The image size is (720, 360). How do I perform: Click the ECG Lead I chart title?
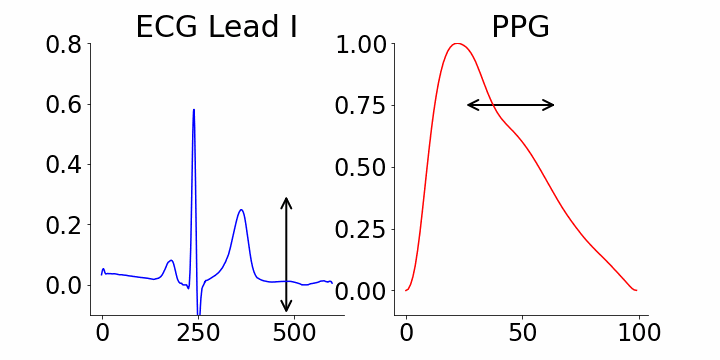pos(216,27)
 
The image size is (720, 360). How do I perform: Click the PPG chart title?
pos(520,27)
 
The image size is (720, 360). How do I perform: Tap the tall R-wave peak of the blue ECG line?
pos(193,110)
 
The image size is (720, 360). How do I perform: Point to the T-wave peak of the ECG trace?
pos(241,210)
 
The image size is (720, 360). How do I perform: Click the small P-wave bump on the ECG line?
pos(171,261)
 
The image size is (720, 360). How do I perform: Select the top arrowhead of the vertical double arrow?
pos(286,199)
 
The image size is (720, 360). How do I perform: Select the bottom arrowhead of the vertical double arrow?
pos(286,310)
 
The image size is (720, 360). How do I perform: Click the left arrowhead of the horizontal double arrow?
pos(470,105)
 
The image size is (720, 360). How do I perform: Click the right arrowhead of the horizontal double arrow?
pos(552,105)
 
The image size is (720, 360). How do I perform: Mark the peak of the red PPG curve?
pos(457,44)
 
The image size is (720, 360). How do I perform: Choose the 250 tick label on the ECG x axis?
pos(198,333)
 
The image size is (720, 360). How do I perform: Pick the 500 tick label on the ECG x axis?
pos(294,333)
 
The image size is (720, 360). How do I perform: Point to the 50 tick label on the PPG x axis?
pos(521,333)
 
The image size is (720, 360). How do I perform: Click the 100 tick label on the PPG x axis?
pos(636,333)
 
